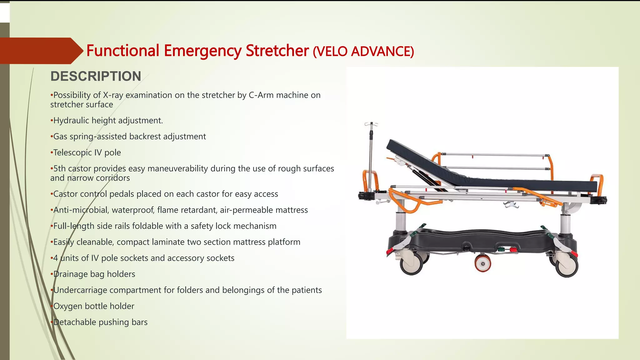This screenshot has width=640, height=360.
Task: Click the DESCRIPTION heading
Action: tap(96, 76)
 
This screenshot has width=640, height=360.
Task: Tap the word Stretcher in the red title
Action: tap(277, 51)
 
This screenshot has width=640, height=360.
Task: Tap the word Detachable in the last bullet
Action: tap(75, 322)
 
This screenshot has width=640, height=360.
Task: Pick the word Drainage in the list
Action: tap(70, 274)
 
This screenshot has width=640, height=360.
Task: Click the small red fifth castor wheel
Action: tap(482, 263)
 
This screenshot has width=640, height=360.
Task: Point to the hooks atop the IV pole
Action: tap(371, 124)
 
